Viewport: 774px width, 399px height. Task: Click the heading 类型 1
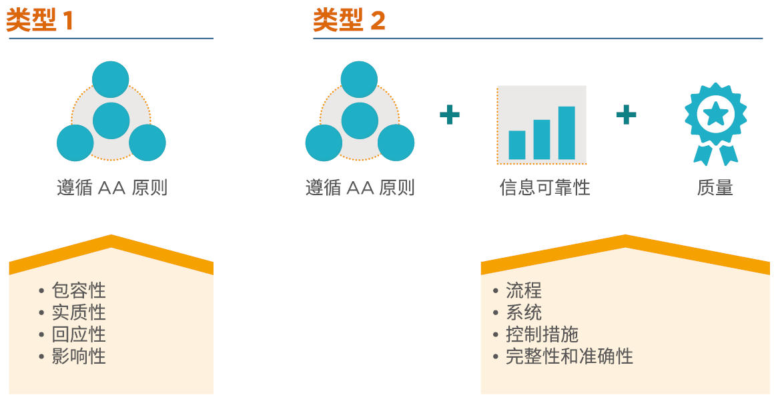(x=39, y=20)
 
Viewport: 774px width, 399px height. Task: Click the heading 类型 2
(x=349, y=20)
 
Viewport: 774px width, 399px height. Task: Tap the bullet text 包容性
(x=79, y=290)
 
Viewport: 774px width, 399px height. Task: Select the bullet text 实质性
(x=79, y=312)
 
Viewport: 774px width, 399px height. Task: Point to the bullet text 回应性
(x=79, y=334)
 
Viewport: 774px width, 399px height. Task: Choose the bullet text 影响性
(x=79, y=356)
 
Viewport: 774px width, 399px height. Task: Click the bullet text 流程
(x=524, y=290)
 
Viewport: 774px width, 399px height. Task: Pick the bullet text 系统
(x=524, y=312)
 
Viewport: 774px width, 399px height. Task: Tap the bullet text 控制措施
(x=542, y=334)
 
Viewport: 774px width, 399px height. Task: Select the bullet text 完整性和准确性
(x=569, y=356)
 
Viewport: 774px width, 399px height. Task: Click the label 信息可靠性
(x=544, y=188)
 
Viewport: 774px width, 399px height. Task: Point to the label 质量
(x=715, y=188)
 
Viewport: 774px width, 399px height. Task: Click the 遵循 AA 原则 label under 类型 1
(x=112, y=188)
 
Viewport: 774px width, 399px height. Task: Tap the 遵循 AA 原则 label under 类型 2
(x=360, y=188)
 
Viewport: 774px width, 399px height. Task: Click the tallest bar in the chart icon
(x=566, y=133)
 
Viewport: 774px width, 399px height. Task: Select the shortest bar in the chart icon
(x=517, y=145)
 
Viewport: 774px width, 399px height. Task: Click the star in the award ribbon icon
(x=715, y=115)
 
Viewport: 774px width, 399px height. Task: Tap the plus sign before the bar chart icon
(x=450, y=115)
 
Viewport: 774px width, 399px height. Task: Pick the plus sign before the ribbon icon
(x=626, y=115)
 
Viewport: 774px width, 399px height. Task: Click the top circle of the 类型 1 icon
(x=111, y=79)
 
